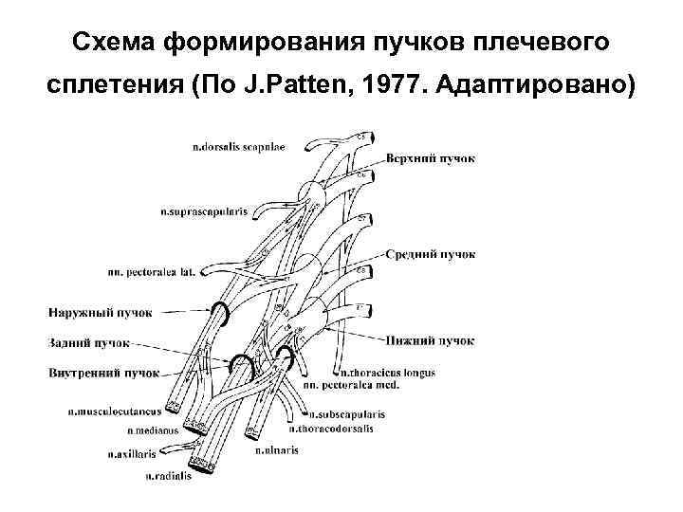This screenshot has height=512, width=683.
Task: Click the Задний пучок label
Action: click(x=86, y=341)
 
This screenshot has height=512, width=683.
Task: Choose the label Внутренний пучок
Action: click(x=102, y=373)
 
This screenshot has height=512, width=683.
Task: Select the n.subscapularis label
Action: click(x=349, y=414)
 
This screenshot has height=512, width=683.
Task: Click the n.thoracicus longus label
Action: click(x=387, y=373)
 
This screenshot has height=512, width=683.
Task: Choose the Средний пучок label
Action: click(x=431, y=254)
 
